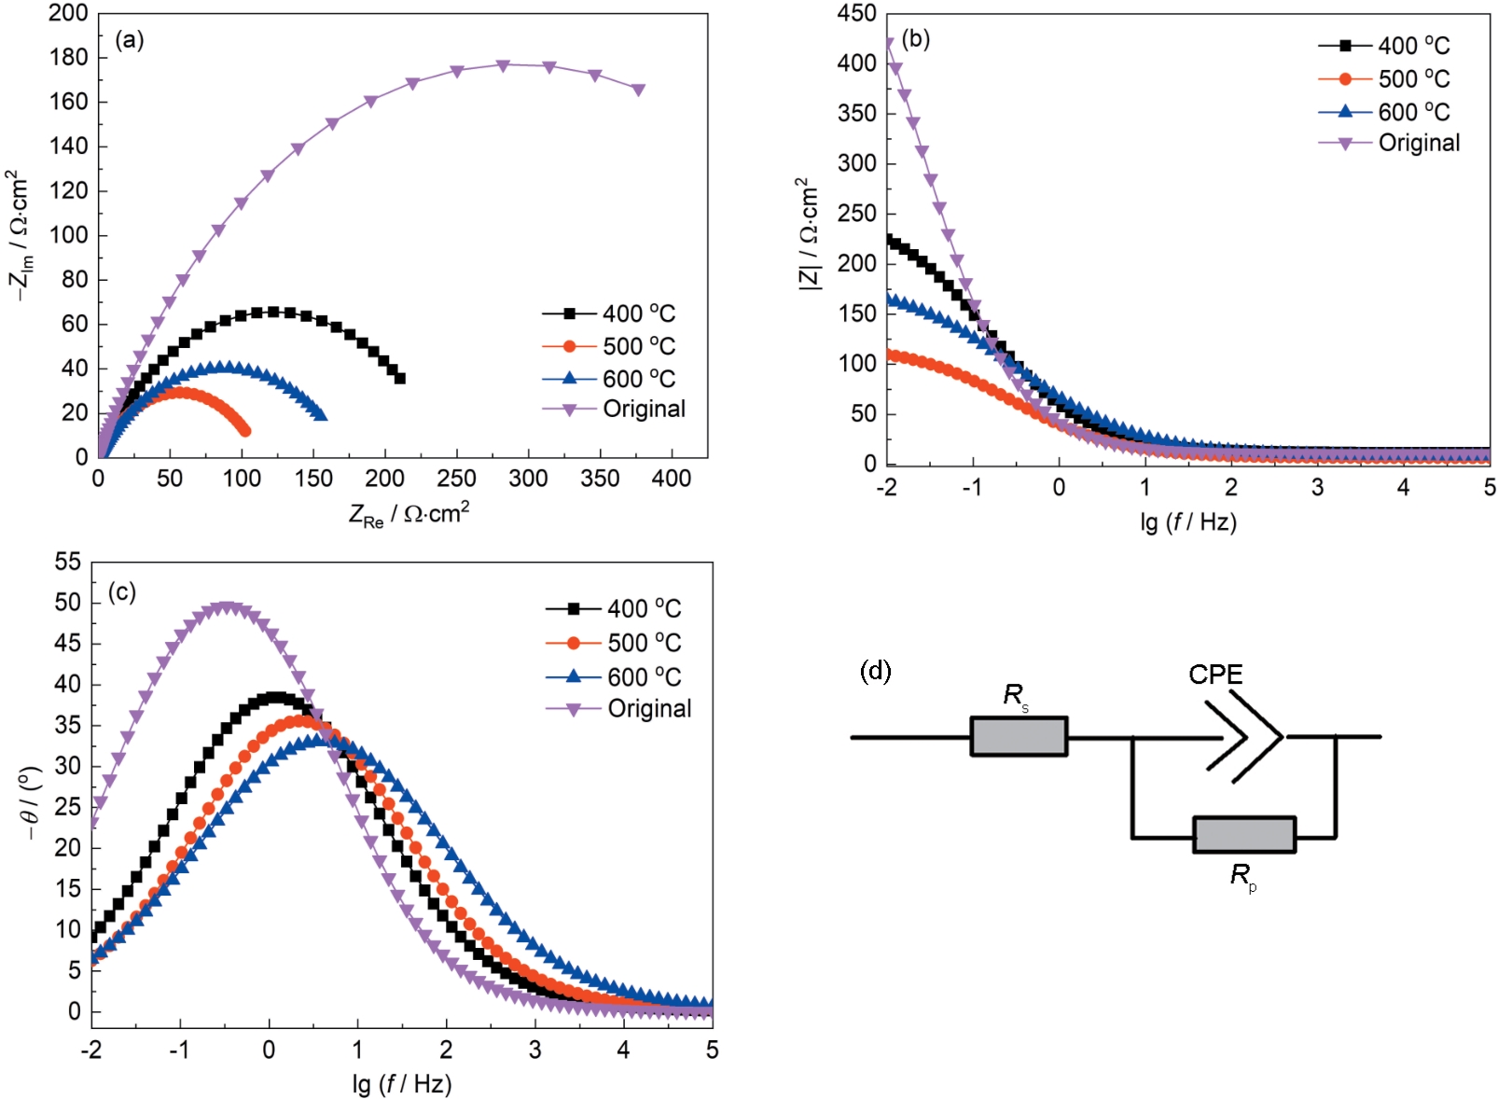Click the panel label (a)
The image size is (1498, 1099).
point(130,40)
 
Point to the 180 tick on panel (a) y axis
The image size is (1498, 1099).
point(68,58)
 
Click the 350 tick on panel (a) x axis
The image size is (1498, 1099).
point(600,479)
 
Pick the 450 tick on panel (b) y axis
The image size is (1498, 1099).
point(857,14)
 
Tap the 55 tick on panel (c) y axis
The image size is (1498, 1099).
point(68,562)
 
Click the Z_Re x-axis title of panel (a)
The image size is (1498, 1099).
point(409,514)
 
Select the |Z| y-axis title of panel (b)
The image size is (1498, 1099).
point(809,235)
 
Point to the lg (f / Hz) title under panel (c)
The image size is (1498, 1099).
point(402,1084)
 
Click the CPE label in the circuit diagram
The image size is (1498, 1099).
point(1215,675)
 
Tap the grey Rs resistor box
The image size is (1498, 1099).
point(1019,736)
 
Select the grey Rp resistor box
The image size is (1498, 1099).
point(1244,835)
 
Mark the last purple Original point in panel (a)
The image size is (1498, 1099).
point(638,90)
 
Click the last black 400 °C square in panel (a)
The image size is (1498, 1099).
point(400,378)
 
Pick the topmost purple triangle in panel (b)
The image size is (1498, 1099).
point(888,44)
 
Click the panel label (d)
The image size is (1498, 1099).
point(875,671)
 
